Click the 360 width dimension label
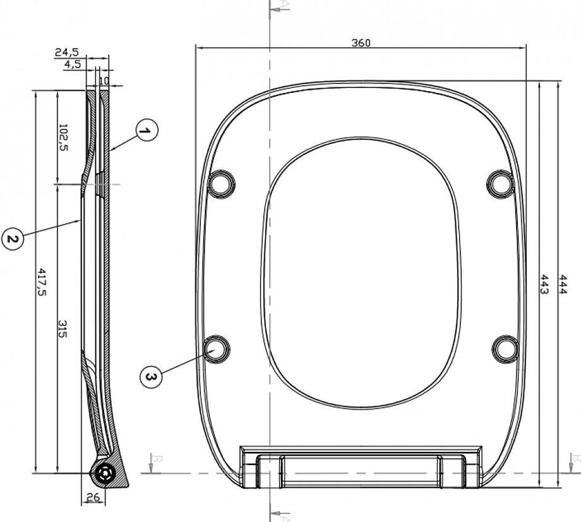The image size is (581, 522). (x=361, y=42)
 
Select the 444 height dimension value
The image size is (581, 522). (x=563, y=284)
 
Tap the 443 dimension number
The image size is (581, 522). (x=544, y=284)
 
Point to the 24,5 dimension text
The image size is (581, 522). (x=67, y=52)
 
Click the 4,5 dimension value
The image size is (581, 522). (x=72, y=64)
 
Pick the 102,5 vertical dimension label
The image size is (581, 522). (x=63, y=137)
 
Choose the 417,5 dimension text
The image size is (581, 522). (x=42, y=282)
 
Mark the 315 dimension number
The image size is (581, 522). (x=63, y=329)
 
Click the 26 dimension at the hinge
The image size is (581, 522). (x=93, y=497)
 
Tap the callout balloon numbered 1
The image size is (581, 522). (x=147, y=130)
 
